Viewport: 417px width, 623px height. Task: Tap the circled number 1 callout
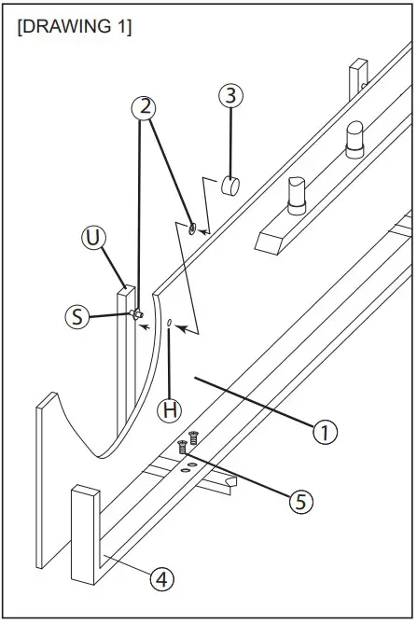point(324,432)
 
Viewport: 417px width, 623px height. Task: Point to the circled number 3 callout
point(230,95)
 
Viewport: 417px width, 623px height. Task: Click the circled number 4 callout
point(162,579)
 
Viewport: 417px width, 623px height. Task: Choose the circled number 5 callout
point(298,501)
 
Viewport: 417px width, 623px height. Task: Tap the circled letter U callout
point(92,238)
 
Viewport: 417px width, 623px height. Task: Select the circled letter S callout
point(78,317)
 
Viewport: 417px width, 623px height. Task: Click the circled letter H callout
point(168,408)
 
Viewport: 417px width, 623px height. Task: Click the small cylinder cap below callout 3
point(230,186)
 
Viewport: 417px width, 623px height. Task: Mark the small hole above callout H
point(170,325)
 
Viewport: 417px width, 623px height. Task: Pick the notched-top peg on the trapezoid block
point(296,194)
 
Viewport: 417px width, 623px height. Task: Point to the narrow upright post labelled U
point(125,354)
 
